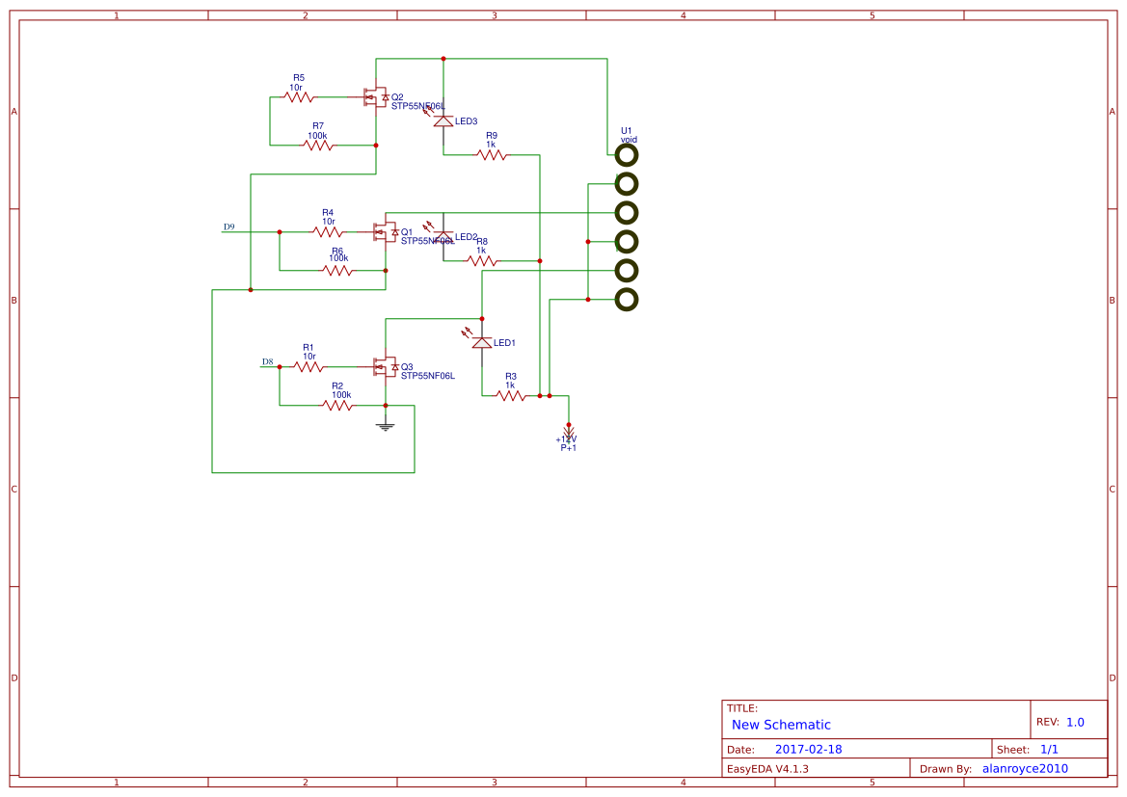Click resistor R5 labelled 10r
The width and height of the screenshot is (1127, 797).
[299, 96]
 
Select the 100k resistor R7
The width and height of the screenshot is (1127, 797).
[318, 145]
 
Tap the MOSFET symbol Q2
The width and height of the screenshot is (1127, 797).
[377, 97]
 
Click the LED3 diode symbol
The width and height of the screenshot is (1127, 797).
[443, 121]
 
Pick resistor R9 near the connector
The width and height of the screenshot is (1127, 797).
[492, 154]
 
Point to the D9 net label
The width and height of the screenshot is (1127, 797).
[229, 227]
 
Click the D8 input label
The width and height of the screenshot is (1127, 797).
[268, 362]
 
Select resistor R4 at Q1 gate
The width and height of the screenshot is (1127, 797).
[328, 231]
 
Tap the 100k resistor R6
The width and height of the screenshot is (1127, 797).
[337, 270]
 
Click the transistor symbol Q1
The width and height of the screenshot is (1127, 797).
[387, 232]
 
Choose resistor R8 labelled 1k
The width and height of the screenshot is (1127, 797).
[482, 260]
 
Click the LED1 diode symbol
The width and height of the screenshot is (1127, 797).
[482, 342]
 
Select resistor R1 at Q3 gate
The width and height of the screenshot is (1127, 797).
[309, 366]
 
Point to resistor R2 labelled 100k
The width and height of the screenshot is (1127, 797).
[337, 405]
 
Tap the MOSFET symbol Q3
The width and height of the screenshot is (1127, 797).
[387, 367]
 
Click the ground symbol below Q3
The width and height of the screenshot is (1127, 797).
[386, 425]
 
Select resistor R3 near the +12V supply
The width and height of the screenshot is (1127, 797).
[511, 395]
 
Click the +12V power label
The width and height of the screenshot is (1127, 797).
[567, 439]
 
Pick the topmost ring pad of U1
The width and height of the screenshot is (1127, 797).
[627, 154]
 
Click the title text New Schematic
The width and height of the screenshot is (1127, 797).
[781, 725]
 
